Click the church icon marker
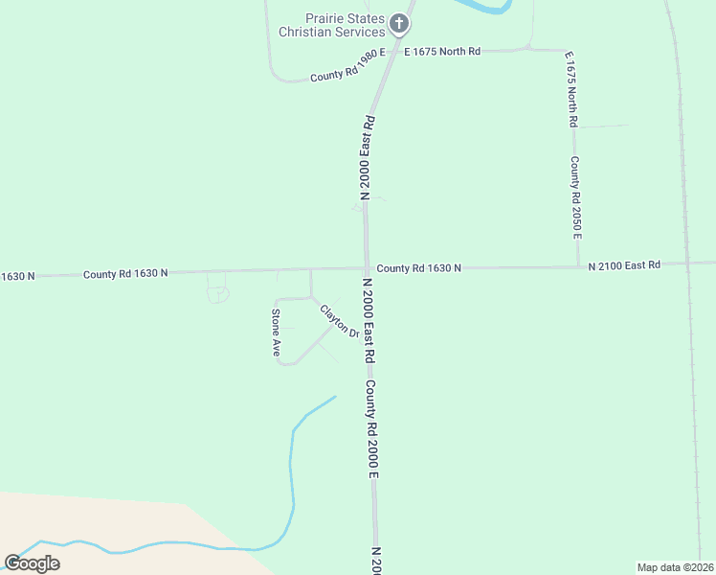click(399, 23)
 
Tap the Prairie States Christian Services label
click(330, 26)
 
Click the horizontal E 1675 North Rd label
click(442, 51)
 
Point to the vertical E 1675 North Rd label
click(571, 89)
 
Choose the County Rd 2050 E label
click(575, 197)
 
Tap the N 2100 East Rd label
click(624, 264)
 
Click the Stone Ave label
click(276, 333)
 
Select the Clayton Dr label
click(339, 321)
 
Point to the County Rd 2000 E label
click(372, 428)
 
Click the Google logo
click(33, 563)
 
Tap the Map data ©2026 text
click(675, 567)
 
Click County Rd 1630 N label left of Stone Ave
click(125, 273)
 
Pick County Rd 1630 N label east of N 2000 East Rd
click(418, 268)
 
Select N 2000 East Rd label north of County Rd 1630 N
click(366, 157)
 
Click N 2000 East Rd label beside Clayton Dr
click(368, 320)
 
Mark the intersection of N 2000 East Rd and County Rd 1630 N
click(367, 269)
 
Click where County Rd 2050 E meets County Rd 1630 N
click(578, 266)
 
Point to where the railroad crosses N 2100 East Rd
click(687, 263)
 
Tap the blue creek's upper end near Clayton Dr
click(335, 397)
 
